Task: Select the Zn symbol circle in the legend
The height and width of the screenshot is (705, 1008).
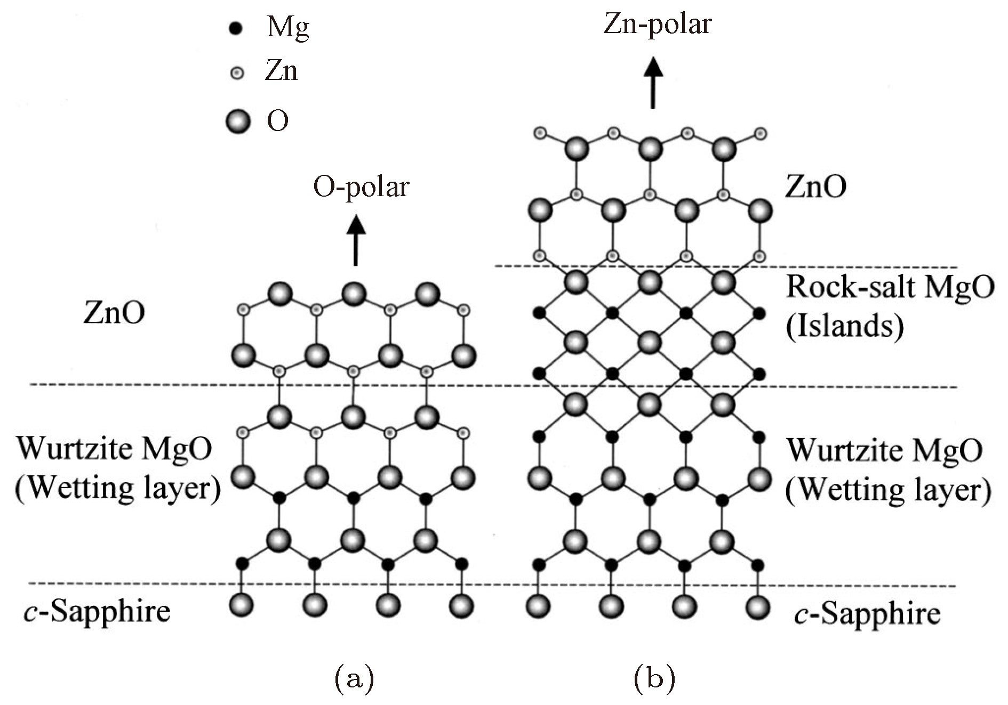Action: (237, 72)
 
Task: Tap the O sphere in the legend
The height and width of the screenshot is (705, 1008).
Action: (238, 122)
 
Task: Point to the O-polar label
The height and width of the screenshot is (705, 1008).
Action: (361, 187)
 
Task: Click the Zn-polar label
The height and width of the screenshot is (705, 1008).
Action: (657, 25)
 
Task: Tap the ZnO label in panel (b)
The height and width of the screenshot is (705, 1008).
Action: (815, 187)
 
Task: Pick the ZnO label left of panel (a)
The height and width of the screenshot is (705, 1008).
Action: (114, 313)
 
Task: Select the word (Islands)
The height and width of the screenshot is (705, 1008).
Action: (845, 326)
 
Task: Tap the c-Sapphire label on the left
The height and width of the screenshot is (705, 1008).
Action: (97, 611)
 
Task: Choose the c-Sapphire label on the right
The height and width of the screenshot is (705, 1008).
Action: (867, 613)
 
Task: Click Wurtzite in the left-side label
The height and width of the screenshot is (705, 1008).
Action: (73, 449)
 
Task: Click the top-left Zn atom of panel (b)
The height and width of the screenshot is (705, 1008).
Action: (540, 132)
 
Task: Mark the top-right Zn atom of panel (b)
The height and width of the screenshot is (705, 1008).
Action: (760, 133)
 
